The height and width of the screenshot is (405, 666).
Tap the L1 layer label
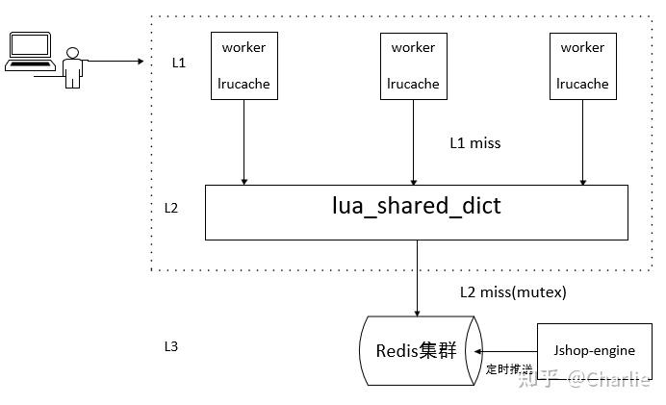[177, 63]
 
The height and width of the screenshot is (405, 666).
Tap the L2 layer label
[170, 207]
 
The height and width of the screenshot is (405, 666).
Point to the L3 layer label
[171, 345]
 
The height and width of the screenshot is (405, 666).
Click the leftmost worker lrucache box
[244, 64]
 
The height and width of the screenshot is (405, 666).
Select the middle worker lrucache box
[412, 64]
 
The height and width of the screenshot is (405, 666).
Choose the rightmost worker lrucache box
[582, 64]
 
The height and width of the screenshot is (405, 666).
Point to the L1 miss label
[474, 142]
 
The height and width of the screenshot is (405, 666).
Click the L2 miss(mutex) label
[512, 291]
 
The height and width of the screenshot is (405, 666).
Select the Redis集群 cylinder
[417, 350]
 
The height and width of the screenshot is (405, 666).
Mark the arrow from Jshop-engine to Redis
[507, 351]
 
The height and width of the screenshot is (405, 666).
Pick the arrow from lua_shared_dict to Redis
[417, 277]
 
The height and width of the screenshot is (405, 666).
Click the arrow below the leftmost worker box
[244, 141]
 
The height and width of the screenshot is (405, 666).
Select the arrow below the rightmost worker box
[582, 141]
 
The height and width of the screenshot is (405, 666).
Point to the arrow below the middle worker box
[413, 141]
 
